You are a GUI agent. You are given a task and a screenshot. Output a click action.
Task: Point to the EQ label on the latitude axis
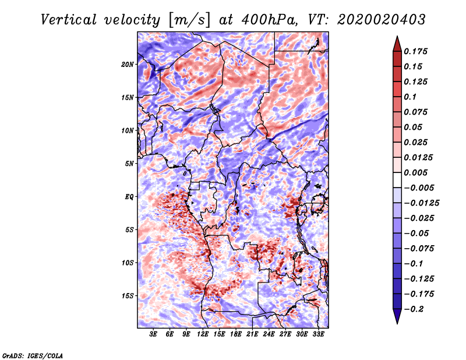click(x=129, y=196)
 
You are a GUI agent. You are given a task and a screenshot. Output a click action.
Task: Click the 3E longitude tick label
click(x=154, y=334)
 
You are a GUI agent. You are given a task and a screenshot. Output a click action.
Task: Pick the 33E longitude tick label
click(x=319, y=334)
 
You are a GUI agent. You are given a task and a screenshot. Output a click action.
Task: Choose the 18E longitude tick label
click(x=236, y=334)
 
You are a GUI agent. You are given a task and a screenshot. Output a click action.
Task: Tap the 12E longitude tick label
click(x=203, y=334)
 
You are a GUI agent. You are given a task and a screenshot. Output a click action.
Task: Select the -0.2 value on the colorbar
click(x=415, y=309)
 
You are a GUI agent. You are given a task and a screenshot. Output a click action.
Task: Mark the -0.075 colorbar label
click(x=420, y=248)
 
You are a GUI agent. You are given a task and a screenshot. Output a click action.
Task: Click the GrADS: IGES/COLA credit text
click(x=32, y=355)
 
